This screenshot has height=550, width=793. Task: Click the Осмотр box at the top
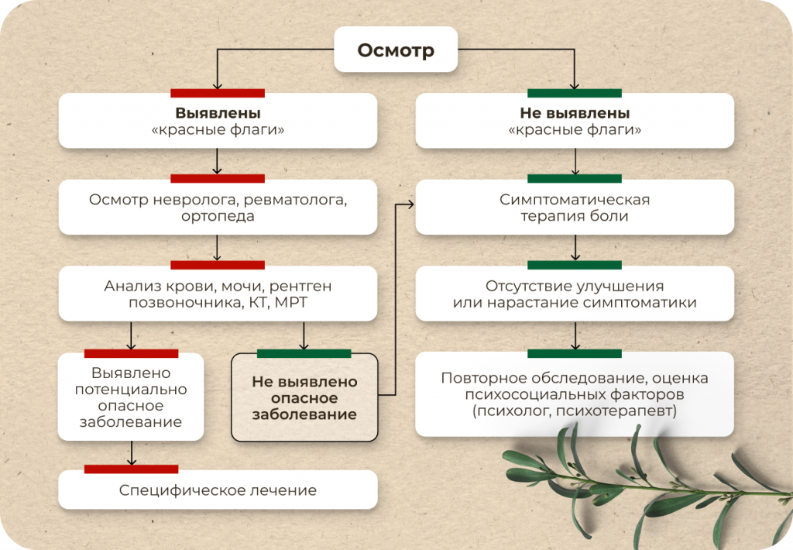(x=396, y=49)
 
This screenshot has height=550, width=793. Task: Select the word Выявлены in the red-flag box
(x=218, y=113)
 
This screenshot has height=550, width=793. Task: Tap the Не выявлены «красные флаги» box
(x=575, y=120)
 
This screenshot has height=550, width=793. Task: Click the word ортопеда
(x=218, y=216)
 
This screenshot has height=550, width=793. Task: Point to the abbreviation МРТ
(x=291, y=303)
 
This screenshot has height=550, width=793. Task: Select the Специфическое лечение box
(x=218, y=490)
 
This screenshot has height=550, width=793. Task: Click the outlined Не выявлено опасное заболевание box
(x=304, y=397)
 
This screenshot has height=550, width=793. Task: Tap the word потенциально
(x=131, y=390)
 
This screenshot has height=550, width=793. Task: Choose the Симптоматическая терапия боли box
(x=575, y=207)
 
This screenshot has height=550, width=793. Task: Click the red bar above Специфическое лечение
(x=131, y=469)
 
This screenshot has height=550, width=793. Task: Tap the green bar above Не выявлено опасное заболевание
(x=304, y=353)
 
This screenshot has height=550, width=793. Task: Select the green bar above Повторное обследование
(x=575, y=353)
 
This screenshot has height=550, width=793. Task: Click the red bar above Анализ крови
(x=218, y=265)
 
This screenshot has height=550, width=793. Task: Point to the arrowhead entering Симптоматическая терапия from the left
(x=411, y=205)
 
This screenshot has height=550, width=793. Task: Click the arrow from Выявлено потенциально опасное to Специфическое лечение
(x=132, y=453)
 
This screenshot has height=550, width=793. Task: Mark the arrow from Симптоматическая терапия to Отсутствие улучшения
(x=575, y=247)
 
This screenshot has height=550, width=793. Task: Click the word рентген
(x=300, y=287)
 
